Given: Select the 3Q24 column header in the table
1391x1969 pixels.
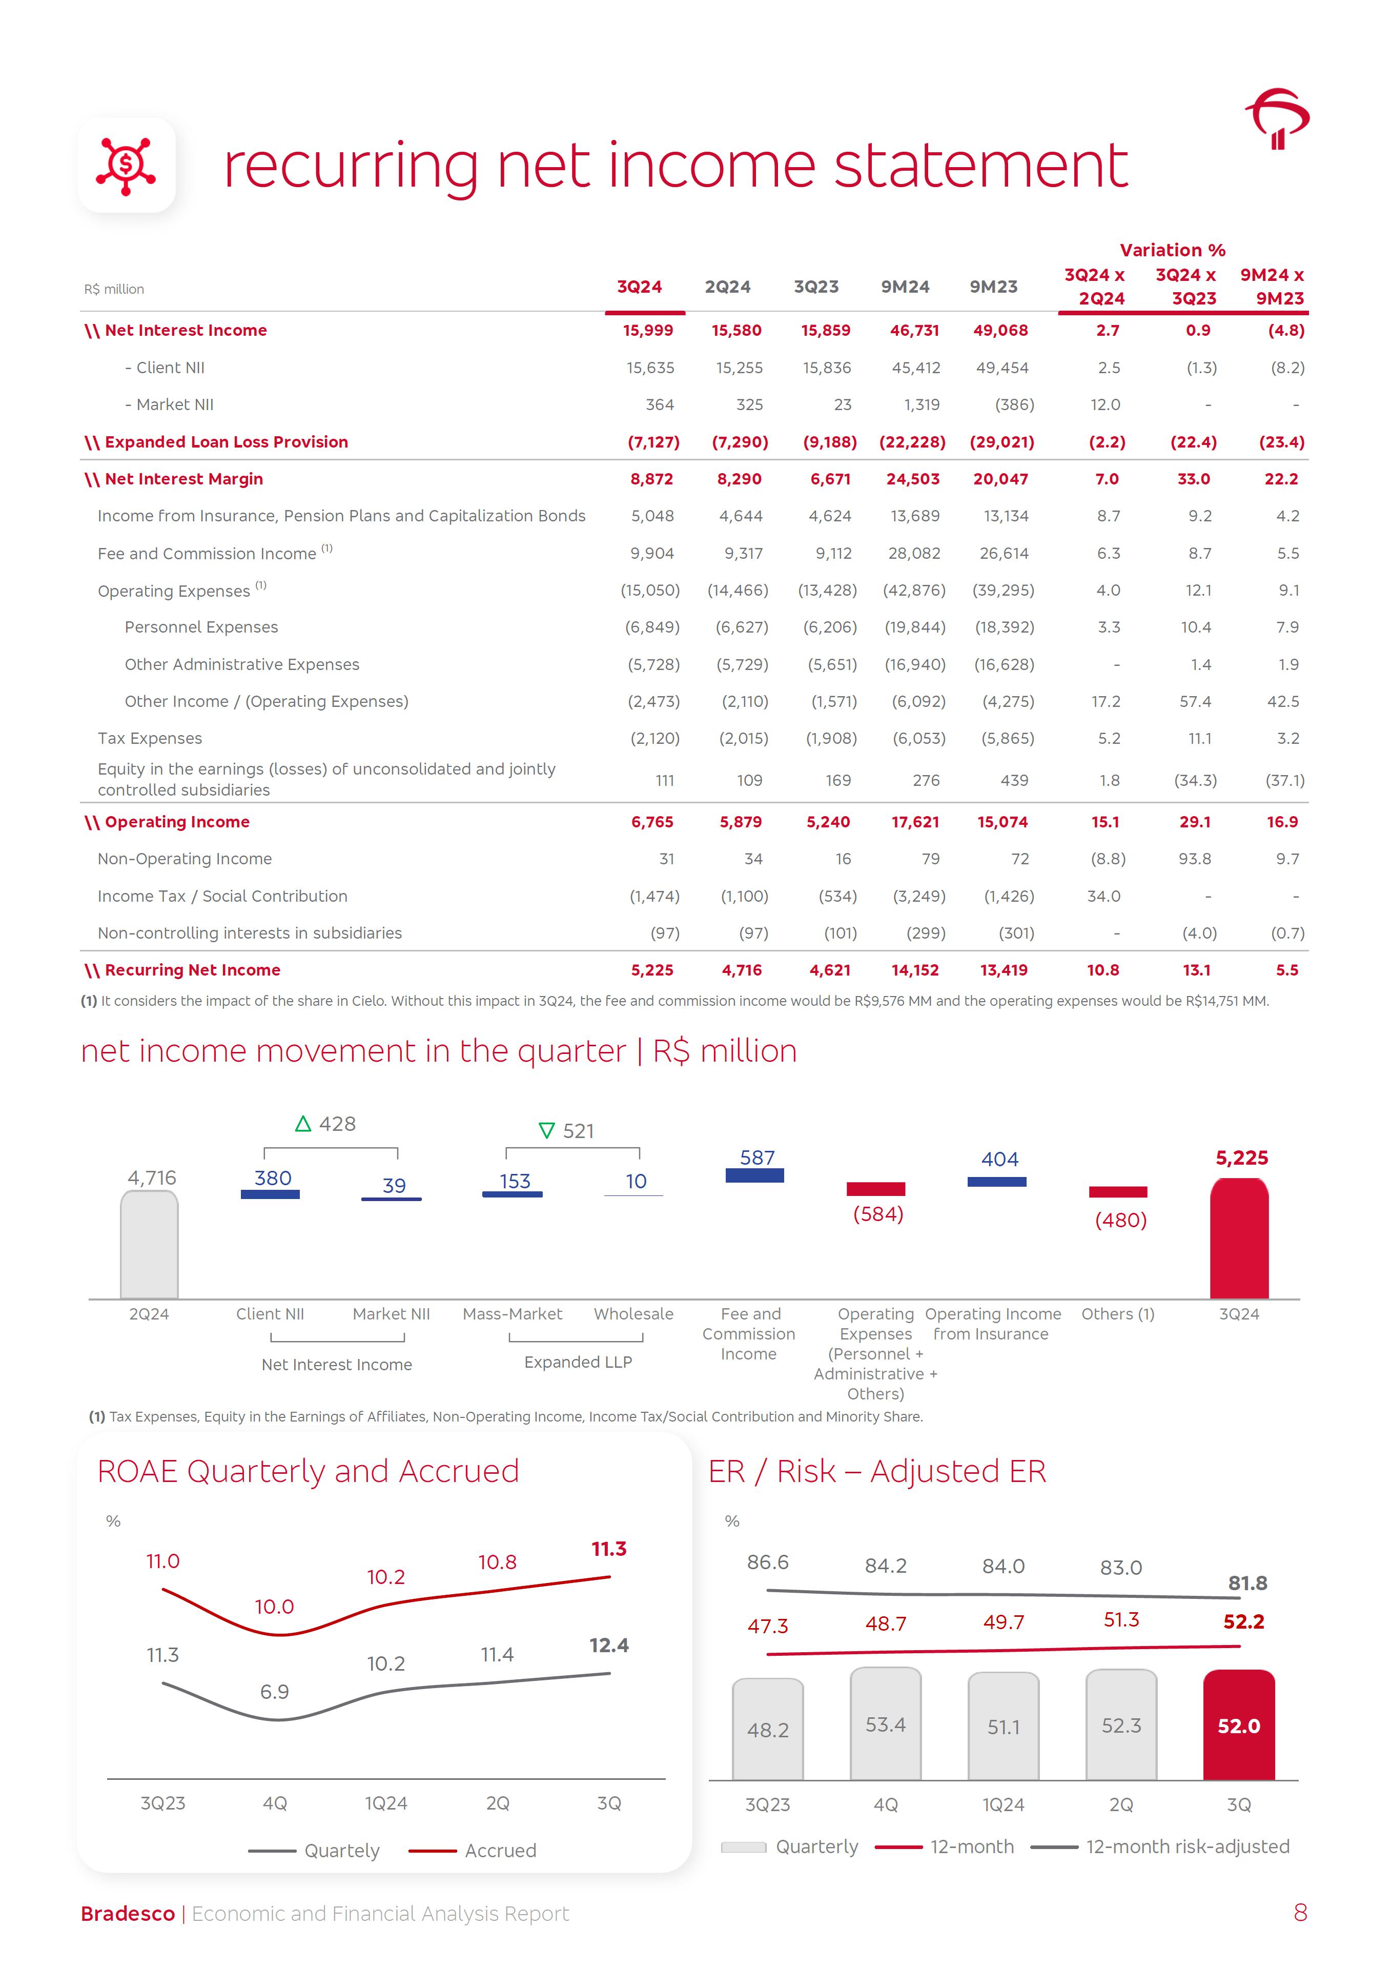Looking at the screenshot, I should click(x=639, y=287).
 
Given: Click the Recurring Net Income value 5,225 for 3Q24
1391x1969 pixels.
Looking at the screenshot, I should click(x=652, y=970).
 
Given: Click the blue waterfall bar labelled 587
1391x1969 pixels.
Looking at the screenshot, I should click(x=754, y=1176).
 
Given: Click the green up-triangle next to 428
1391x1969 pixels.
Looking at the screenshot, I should click(x=303, y=1124).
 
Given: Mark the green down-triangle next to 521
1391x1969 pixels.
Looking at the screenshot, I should click(x=546, y=1131).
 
